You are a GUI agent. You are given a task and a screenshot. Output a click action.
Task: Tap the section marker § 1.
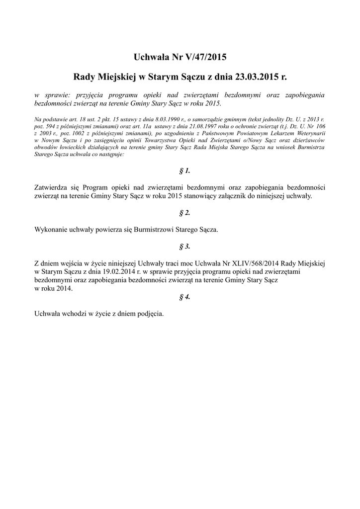point(184,171)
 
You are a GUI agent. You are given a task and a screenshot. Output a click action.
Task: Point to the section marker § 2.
point(184,213)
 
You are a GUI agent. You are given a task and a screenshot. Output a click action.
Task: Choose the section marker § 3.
point(184,247)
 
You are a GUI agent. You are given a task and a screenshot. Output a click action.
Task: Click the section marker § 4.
point(184,297)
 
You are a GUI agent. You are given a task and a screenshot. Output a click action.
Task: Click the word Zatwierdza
point(52,188)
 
